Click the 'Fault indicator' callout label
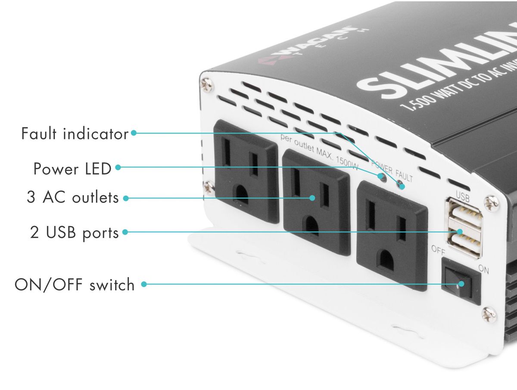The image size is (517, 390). pos(75,133)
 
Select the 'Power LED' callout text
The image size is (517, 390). pos(72,169)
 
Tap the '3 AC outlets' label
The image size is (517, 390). pos(72,198)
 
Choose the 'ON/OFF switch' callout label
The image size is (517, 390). pos(75,285)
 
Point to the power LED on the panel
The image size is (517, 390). pos(380,176)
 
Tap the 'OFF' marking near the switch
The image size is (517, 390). pos(438,250)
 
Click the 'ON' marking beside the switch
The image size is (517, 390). pos(484,269)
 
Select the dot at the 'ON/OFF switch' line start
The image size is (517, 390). pos(144,284)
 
